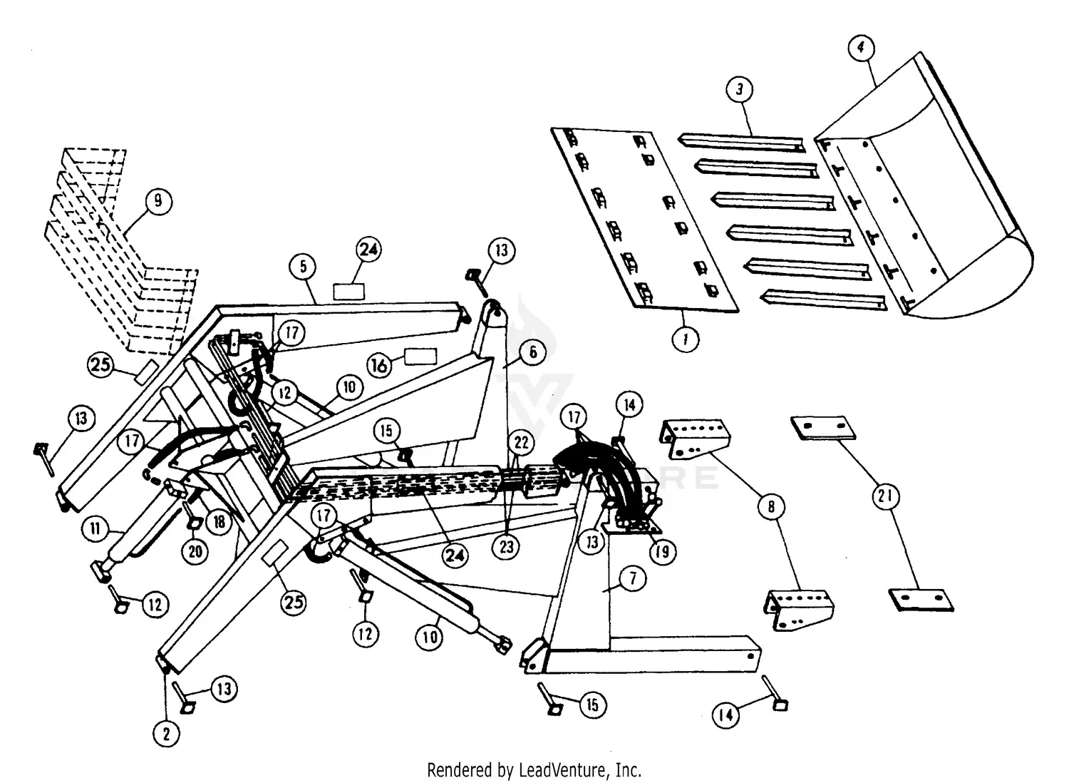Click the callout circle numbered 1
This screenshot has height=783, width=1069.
(x=686, y=339)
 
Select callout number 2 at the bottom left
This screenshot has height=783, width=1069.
(x=166, y=734)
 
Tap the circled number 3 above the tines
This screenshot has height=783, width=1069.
(x=739, y=90)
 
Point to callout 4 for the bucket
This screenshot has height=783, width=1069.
(x=861, y=48)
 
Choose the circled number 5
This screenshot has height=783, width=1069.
(x=303, y=267)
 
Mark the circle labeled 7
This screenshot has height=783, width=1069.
(x=632, y=578)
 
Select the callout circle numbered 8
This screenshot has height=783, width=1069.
(x=771, y=507)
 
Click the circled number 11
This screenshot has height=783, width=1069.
(x=95, y=529)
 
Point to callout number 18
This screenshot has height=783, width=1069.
(x=220, y=522)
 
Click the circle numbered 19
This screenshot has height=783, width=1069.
(x=663, y=551)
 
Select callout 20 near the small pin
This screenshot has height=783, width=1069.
(x=195, y=551)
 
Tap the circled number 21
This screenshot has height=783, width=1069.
(x=885, y=496)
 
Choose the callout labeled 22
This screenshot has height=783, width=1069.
(x=522, y=443)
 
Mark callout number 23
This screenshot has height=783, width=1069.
(x=506, y=547)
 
